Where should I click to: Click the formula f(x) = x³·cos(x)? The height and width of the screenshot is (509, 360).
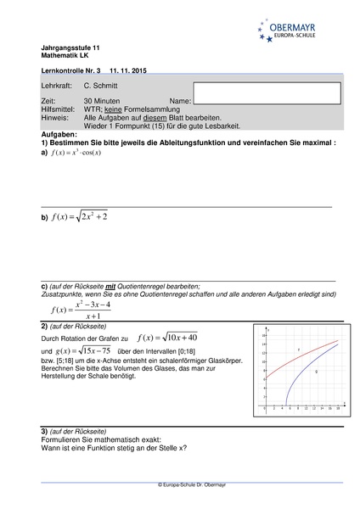(x=76, y=153)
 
